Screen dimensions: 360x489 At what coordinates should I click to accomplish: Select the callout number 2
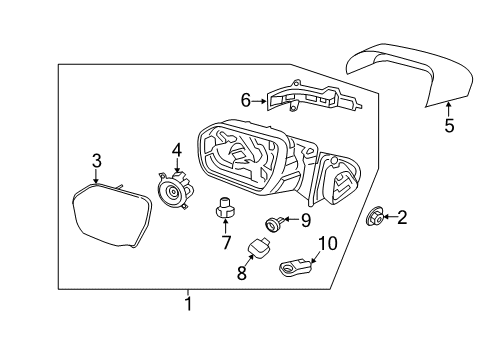(x=402, y=216)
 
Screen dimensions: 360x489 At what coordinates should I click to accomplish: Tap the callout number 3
(x=96, y=160)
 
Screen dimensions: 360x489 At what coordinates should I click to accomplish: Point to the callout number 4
(x=176, y=151)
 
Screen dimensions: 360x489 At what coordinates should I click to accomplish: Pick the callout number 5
(x=449, y=126)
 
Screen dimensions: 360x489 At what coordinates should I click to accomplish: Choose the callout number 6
(x=246, y=99)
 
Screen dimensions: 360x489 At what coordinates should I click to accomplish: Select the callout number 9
(x=306, y=219)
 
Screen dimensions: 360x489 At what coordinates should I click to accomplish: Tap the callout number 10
(x=329, y=243)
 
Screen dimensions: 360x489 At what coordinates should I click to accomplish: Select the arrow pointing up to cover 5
(x=449, y=108)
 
